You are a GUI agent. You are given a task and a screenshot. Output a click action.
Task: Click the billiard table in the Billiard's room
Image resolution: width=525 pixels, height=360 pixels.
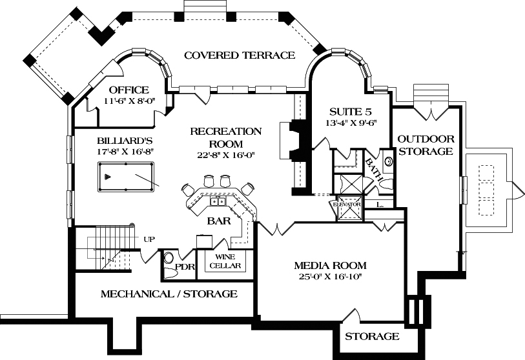129,177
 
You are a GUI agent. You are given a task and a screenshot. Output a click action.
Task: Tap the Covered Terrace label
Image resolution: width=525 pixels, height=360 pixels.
240,55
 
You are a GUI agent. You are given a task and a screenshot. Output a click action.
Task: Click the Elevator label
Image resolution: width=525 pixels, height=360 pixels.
346,205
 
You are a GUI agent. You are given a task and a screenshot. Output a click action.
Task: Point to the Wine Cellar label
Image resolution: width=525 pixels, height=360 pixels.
225,261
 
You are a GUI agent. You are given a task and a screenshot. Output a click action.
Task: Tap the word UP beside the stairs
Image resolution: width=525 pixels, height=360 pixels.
149,239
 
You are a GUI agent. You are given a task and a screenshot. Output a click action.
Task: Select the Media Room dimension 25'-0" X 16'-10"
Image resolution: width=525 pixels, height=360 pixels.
330,277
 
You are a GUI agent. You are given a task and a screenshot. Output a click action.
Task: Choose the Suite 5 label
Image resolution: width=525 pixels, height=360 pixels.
350,112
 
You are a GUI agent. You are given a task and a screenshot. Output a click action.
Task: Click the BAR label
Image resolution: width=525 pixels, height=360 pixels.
215,221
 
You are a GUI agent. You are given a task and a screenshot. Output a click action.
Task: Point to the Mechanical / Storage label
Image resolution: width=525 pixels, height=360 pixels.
169,294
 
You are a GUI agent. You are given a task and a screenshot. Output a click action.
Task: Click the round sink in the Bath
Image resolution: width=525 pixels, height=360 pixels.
389,161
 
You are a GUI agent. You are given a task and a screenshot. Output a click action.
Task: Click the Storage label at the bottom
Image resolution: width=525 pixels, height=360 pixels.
371,337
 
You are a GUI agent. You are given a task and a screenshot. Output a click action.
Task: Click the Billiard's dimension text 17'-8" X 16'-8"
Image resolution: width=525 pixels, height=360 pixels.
116,151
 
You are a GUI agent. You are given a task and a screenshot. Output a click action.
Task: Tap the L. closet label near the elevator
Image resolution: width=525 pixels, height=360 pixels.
380,205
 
